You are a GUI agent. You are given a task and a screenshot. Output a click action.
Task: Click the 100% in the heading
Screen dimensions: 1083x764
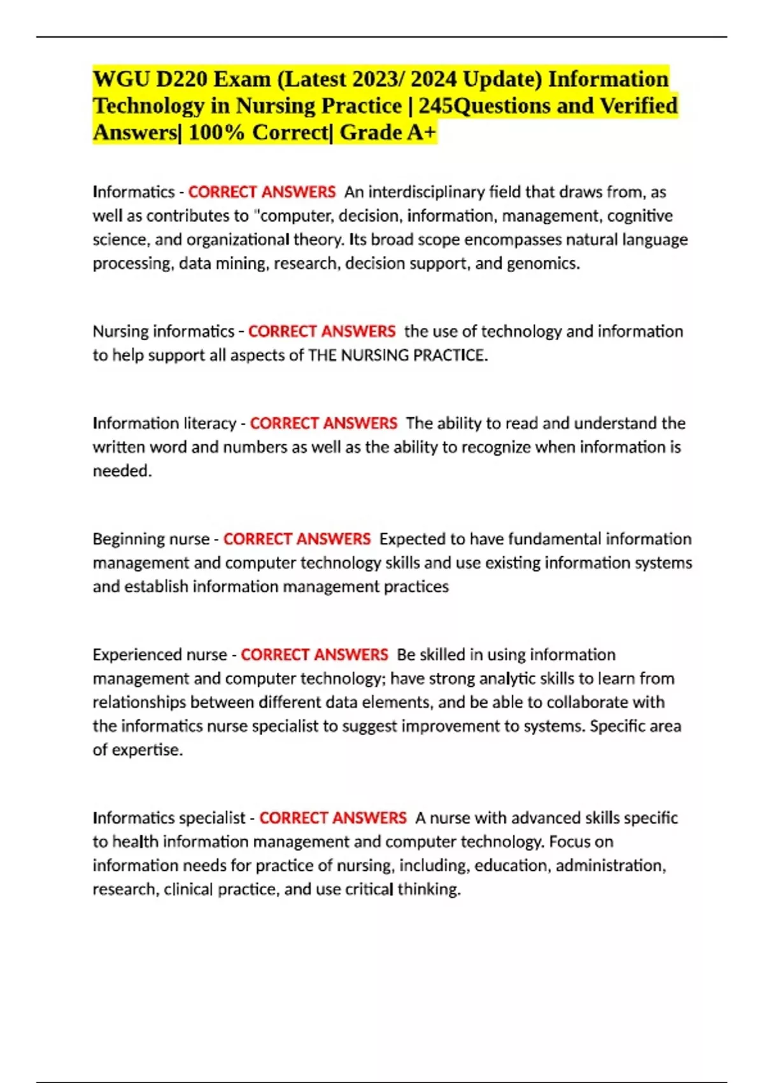point(216,133)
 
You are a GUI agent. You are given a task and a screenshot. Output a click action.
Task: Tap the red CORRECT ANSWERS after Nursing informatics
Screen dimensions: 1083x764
point(322,331)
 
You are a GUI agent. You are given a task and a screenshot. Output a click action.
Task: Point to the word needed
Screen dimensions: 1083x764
point(122,471)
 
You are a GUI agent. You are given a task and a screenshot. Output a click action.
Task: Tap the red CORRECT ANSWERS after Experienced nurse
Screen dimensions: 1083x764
point(314,655)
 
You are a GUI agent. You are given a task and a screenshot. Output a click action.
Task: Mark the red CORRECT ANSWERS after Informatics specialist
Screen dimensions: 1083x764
point(332,818)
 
